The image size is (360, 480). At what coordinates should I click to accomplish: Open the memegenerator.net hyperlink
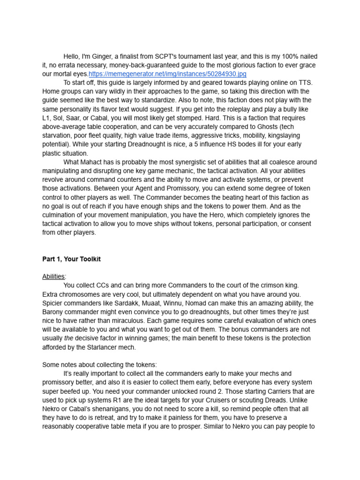(x=167, y=74)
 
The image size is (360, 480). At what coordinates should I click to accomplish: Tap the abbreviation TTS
(x=304, y=82)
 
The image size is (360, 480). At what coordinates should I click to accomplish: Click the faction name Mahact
(x=93, y=162)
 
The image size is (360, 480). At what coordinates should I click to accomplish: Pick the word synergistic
(x=193, y=162)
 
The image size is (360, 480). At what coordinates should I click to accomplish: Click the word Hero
(x=234, y=215)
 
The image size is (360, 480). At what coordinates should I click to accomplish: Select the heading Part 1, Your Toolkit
(x=71, y=259)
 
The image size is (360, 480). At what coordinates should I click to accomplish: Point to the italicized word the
(x=68, y=338)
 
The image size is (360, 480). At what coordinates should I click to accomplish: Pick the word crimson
(x=262, y=285)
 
